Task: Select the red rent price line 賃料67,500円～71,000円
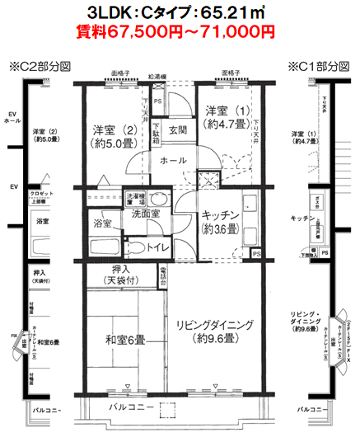180,33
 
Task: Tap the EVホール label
12,116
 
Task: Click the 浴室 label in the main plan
102,223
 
